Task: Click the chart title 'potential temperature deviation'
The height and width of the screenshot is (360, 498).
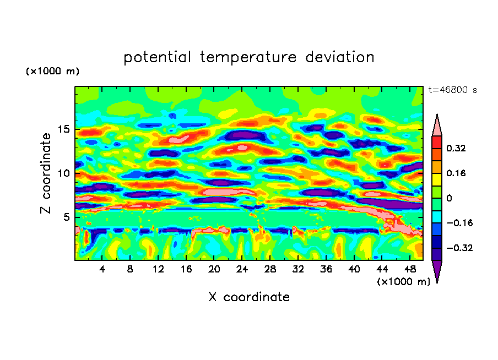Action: (248, 57)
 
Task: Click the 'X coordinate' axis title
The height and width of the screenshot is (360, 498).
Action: (249, 297)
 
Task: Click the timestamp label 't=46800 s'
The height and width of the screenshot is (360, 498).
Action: (452, 90)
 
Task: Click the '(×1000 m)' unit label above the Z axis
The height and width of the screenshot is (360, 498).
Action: (53, 72)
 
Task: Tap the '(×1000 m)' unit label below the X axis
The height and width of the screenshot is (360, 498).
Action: (404, 281)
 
